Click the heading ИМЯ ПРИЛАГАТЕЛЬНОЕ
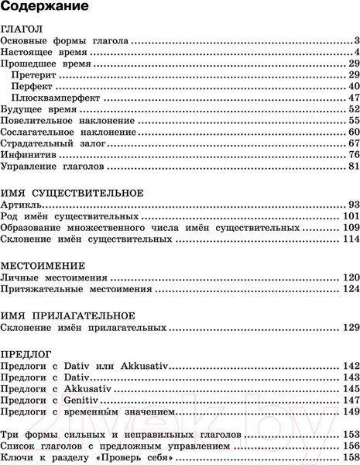(x=68, y=315)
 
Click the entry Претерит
(x=36, y=74)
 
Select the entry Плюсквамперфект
(x=58, y=98)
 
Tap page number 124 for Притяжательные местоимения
(x=351, y=289)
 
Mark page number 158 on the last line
(x=351, y=458)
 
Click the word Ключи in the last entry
(x=19, y=458)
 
